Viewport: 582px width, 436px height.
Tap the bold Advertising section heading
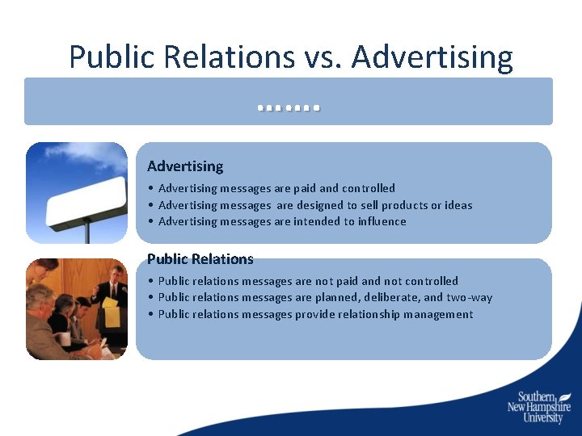(185, 166)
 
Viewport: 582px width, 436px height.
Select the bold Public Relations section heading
(200, 259)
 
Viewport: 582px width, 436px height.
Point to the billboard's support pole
(86, 233)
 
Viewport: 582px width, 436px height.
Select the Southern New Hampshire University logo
(539, 407)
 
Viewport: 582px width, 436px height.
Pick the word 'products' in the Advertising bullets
(408, 205)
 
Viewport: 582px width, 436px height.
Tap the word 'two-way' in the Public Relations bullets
(470, 297)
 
